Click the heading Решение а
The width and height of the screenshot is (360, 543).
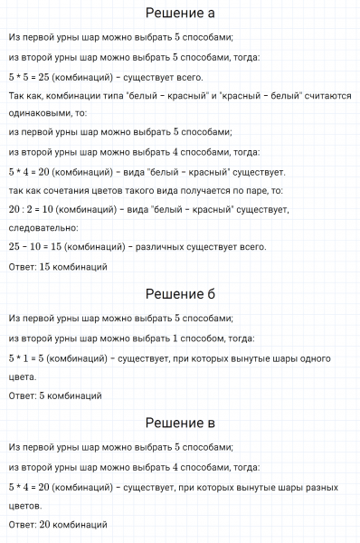(x=180, y=14)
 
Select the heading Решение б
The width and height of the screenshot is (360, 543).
(x=180, y=294)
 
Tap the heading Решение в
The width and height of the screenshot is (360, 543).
(x=180, y=423)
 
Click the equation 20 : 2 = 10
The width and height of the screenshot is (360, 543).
(x=35, y=210)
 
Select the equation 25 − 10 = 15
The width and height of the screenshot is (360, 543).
(x=36, y=245)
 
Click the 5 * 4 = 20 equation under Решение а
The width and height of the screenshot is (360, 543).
(x=33, y=172)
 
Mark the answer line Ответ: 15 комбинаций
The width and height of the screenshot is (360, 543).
(x=59, y=267)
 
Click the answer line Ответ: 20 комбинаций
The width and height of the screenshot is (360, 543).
(x=59, y=524)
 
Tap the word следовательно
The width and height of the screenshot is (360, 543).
(x=44, y=227)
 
